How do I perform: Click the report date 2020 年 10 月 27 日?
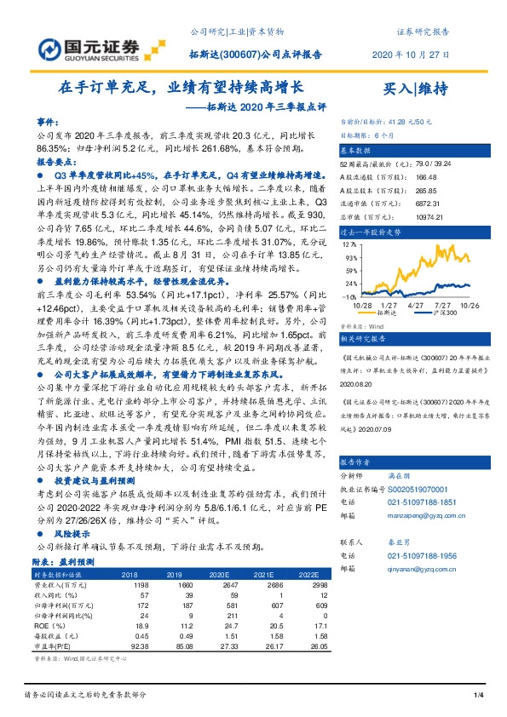(411, 54)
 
